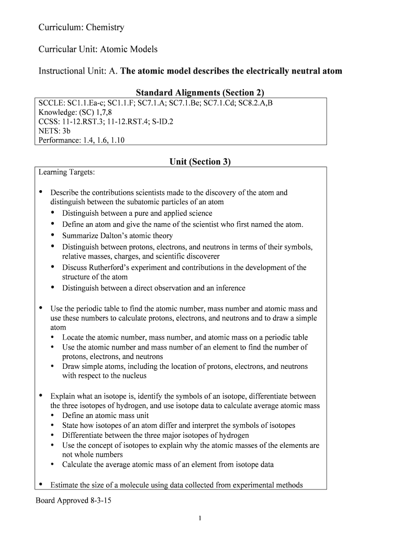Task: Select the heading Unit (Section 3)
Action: (200, 162)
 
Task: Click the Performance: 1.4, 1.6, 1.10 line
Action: (82, 140)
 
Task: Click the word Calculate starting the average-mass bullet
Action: (78, 464)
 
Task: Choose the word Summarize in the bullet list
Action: (81, 236)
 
